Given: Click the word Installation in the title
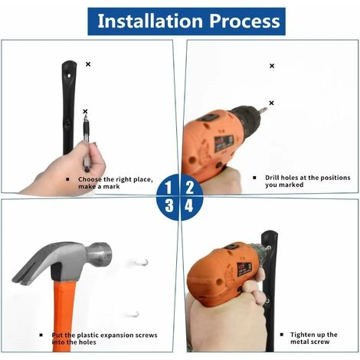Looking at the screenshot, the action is (150, 21).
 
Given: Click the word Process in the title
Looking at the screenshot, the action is (245, 21).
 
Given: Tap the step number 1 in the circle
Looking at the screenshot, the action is (168, 188).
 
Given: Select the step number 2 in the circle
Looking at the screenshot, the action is (190, 188).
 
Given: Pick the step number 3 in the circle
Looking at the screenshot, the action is (169, 205).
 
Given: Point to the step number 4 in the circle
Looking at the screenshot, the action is (189, 205).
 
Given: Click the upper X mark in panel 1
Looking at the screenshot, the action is (88, 64).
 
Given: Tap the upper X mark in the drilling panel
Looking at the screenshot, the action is (272, 66).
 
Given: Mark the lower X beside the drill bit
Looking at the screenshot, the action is (271, 103).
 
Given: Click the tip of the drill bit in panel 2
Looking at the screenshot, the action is (267, 110).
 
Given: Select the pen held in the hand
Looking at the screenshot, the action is (87, 143).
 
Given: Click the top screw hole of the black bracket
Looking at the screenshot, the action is (69, 76).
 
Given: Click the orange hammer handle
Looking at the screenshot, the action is (63, 316).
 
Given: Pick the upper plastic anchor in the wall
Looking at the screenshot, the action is (140, 262).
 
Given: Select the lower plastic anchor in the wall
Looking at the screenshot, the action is (132, 314).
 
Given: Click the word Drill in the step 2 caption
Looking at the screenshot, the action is (272, 178).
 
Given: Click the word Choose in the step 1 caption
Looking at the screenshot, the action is (90, 179).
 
